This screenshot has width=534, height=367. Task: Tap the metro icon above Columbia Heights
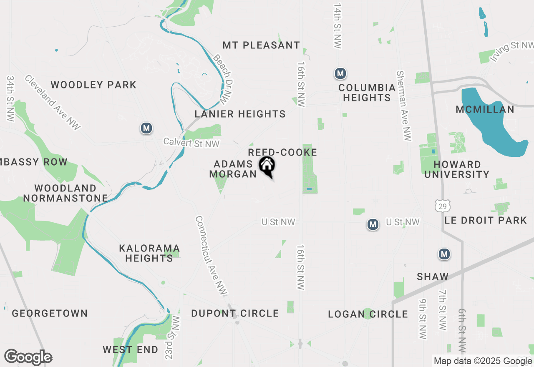pos(340,74)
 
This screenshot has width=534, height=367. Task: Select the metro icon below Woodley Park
pos(146,128)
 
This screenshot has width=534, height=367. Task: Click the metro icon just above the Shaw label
pos(444,254)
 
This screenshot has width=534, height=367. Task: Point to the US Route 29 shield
pos(442,205)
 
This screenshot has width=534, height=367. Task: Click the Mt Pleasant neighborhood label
pos(261,45)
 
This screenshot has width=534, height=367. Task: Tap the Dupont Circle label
pos(235,313)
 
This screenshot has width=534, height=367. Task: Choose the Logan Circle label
pos(368,314)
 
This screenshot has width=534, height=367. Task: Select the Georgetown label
pos(50,313)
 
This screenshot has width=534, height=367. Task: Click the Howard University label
pos(457,169)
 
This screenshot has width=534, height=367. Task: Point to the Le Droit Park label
pos(486,220)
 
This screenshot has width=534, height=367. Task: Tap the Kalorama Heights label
pos(149,253)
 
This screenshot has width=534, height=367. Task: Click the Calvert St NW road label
pos(191,143)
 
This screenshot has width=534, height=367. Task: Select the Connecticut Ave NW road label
pos(211,256)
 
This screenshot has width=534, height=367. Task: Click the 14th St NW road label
pos(337,26)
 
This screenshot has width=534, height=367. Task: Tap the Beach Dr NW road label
pos(222,79)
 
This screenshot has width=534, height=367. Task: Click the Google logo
pos(28,357)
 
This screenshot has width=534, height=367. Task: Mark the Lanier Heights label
pos(240,114)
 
